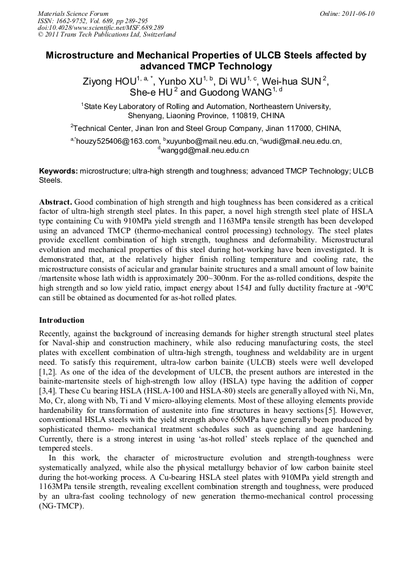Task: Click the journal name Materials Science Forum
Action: (x=73, y=13)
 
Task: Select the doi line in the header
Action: (x=101, y=27)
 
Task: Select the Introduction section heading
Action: (x=62, y=320)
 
